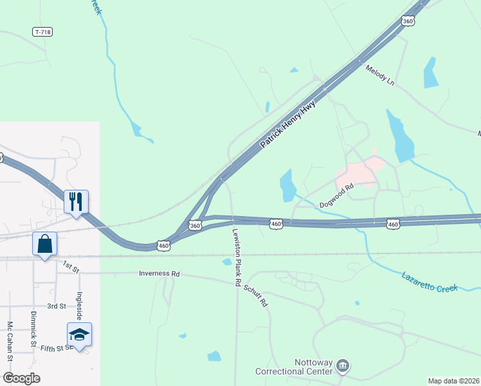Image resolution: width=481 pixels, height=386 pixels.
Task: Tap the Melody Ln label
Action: tap(379, 76)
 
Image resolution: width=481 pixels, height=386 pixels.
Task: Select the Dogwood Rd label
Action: tap(337, 196)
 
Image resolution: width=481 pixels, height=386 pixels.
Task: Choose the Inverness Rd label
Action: tap(159, 273)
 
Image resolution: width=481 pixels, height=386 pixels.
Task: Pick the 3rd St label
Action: tap(57, 306)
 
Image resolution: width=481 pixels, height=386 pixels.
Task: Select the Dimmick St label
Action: tap(33, 329)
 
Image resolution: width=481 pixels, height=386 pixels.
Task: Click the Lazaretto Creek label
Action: tap(430, 282)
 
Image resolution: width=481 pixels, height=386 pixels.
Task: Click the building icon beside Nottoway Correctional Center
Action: tap(343, 367)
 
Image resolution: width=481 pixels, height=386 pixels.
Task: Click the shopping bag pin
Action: tap(44, 244)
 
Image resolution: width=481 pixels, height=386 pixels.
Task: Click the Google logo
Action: tap(22, 378)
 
